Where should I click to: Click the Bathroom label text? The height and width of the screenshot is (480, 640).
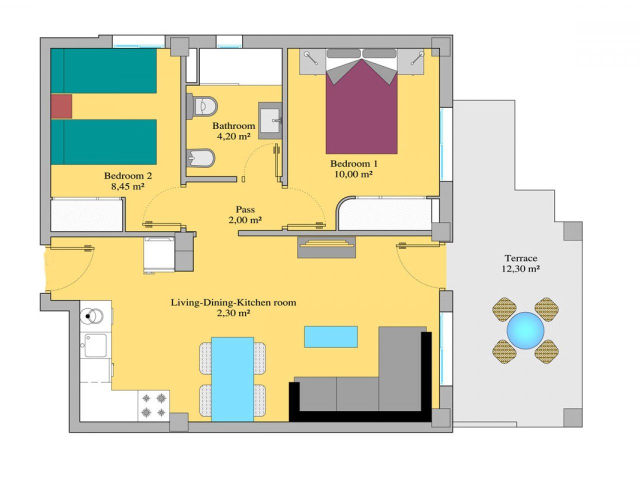233,126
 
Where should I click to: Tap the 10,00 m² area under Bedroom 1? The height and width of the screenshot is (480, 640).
354,174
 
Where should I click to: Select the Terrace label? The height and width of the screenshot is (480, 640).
520,258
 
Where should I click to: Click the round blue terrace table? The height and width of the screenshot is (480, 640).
525,330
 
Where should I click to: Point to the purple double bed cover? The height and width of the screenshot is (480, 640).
361,115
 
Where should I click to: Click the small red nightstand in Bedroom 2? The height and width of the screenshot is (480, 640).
61,106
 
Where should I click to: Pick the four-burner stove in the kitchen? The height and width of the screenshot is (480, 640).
153,405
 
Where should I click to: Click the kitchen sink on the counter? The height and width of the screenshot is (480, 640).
95,345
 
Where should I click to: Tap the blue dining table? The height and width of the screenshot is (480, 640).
232,379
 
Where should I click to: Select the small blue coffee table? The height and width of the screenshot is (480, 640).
331,336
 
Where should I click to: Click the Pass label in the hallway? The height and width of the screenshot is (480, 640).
245,209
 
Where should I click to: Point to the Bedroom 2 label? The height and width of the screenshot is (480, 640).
128,176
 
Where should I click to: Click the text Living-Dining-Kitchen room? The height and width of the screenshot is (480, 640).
233,302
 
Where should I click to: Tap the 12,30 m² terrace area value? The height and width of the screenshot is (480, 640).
520,269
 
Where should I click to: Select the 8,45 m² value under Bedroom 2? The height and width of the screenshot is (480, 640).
128,186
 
